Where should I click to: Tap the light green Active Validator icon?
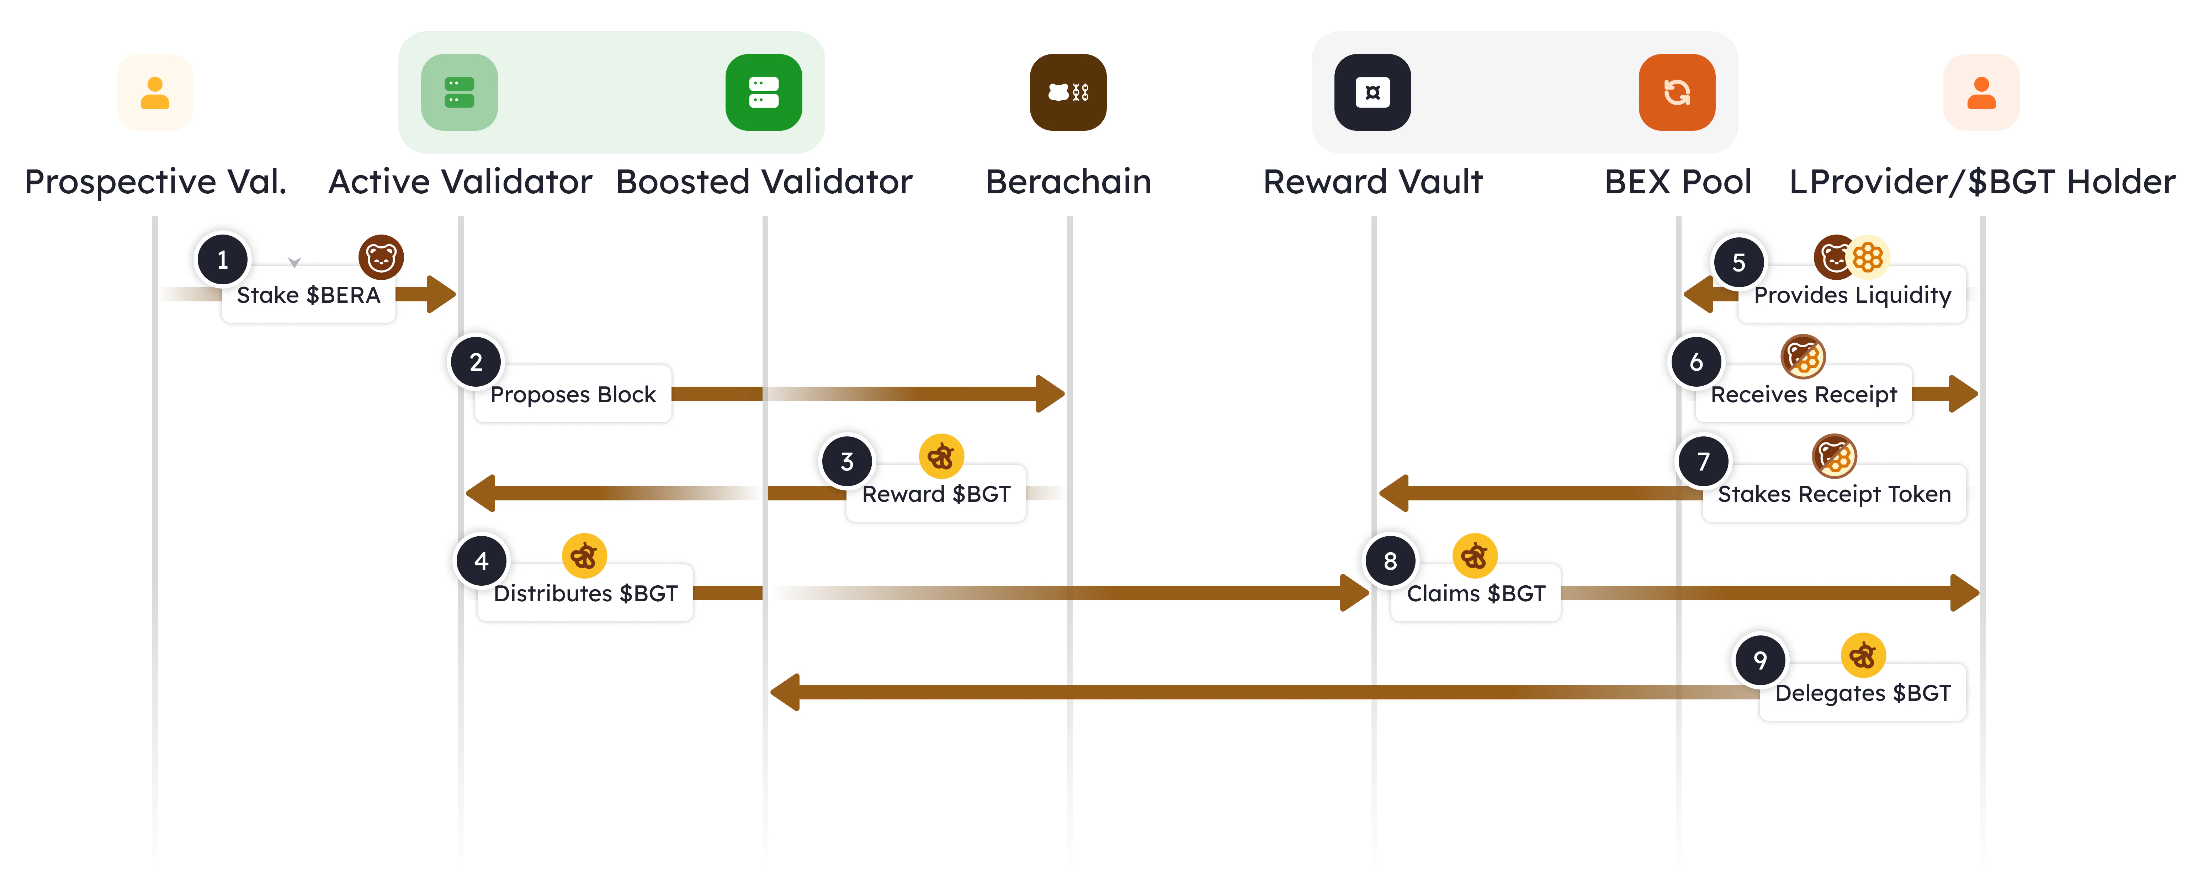click(459, 92)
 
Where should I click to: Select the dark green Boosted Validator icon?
click(764, 92)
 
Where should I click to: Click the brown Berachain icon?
click(1068, 92)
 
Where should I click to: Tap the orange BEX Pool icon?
click(1677, 92)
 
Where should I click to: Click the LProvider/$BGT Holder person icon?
click(1981, 92)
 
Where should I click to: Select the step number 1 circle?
click(223, 259)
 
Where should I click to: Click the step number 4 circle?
click(481, 560)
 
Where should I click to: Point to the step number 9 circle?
click(1759, 660)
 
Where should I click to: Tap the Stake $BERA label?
click(308, 295)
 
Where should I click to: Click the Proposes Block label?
click(573, 394)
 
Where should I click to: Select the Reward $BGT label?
click(936, 494)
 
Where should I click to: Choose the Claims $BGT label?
click(1475, 594)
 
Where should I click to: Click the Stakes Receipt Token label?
click(1834, 494)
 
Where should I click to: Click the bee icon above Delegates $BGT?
click(1863, 655)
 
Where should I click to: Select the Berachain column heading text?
click(1068, 182)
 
